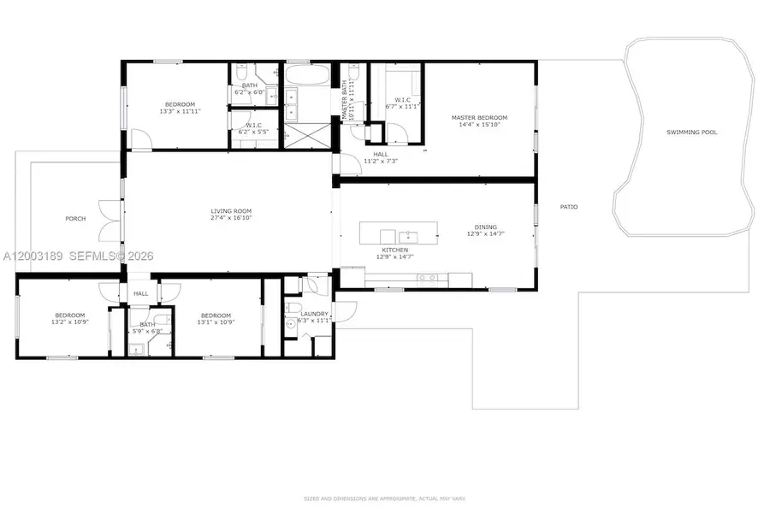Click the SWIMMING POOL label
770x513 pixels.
pyautogui.click(x=692, y=133)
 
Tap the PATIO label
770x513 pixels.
pyautogui.click(x=568, y=207)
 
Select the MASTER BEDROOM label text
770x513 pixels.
pyautogui.click(x=479, y=117)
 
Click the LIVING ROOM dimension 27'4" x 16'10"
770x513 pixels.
pyautogui.click(x=231, y=217)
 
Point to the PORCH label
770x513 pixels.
pyautogui.click(x=75, y=218)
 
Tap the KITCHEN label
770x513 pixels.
pyautogui.click(x=394, y=250)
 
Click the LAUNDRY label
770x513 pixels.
pyautogui.click(x=314, y=314)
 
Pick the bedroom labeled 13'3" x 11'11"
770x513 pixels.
pyautogui.click(x=180, y=106)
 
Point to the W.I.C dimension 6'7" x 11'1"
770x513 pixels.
pyautogui.click(x=404, y=106)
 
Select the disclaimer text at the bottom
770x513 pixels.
pyautogui.click(x=384, y=498)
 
